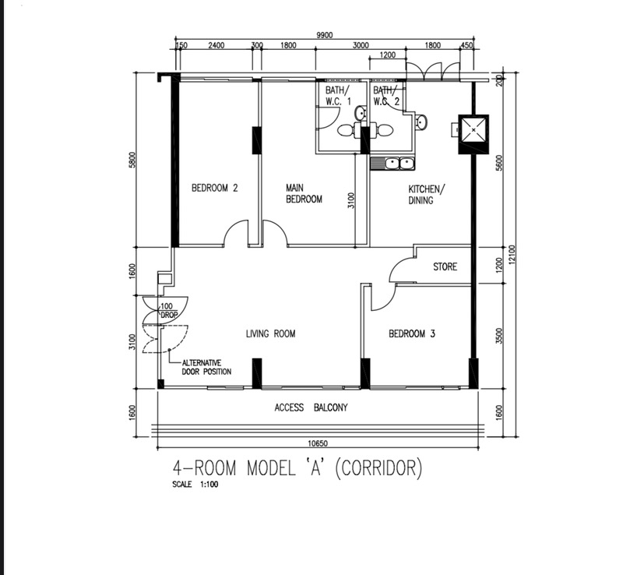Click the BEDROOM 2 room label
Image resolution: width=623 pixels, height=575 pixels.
click(215, 188)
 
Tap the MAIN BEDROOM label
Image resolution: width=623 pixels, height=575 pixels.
click(304, 193)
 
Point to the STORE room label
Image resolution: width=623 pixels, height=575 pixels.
click(445, 266)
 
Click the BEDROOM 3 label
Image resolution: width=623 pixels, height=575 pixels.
click(412, 333)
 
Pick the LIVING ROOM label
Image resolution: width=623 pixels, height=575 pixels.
click(270, 333)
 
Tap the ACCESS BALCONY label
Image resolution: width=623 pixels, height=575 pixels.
click(311, 407)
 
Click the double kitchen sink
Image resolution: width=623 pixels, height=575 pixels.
click(392, 164)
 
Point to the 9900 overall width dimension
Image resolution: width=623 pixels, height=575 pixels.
click(325, 35)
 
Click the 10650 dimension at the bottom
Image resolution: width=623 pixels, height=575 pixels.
click(318, 443)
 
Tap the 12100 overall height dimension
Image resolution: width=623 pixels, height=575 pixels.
click(512, 255)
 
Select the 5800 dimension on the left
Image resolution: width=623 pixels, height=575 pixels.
click(132, 160)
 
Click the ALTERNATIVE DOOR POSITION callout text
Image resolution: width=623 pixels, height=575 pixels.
click(206, 368)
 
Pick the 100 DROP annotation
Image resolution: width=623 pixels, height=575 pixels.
click(167, 311)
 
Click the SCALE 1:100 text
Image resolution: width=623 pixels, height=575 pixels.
click(195, 485)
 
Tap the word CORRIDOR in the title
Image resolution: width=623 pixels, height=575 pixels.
click(378, 468)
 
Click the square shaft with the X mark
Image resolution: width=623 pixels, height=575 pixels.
click(473, 129)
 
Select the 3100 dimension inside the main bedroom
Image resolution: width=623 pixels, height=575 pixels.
click(351, 200)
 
